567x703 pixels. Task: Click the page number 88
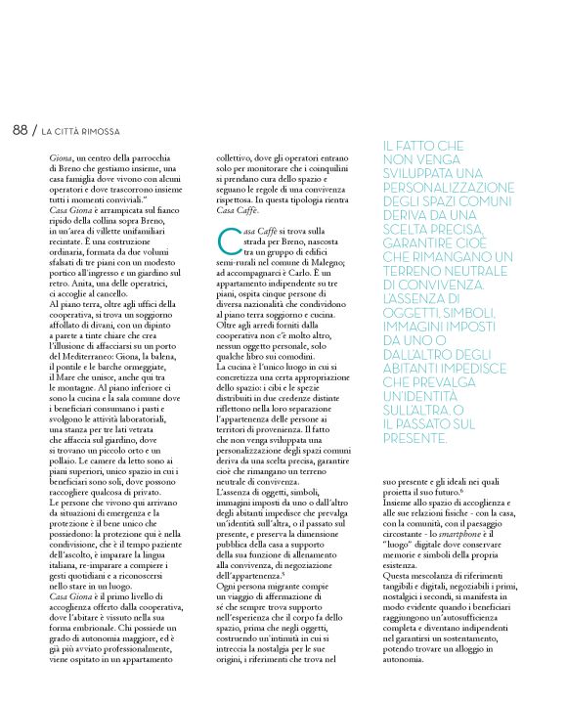20,130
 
